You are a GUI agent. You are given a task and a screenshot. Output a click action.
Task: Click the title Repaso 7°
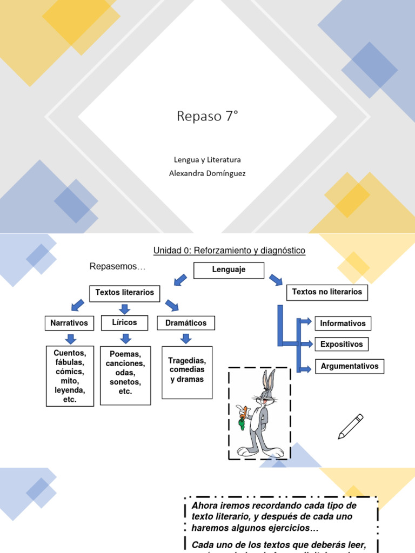[207, 116]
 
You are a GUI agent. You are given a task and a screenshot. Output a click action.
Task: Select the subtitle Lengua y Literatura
[207, 160]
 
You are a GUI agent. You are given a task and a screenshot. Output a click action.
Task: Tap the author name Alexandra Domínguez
[207, 173]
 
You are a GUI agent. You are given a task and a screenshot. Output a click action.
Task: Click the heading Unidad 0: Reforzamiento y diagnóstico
[230, 251]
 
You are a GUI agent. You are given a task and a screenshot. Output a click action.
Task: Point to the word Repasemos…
[118, 267]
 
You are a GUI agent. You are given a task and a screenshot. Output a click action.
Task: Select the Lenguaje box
[229, 270]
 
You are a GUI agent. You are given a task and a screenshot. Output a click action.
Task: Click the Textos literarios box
[125, 293]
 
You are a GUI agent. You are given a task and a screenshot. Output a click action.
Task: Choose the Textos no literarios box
[327, 292]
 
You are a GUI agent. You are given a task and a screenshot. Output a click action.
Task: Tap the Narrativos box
[69, 323]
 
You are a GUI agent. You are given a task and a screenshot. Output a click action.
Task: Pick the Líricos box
[125, 322]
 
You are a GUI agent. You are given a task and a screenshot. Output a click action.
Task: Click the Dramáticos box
[186, 323]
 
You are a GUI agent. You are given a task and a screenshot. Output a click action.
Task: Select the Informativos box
[343, 323]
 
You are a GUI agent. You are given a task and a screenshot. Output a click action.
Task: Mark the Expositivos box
[342, 344]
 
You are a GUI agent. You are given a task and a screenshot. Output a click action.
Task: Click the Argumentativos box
[350, 366]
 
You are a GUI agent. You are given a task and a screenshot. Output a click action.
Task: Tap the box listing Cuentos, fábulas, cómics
[69, 376]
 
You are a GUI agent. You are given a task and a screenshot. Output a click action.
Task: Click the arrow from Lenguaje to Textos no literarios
[276, 280]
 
